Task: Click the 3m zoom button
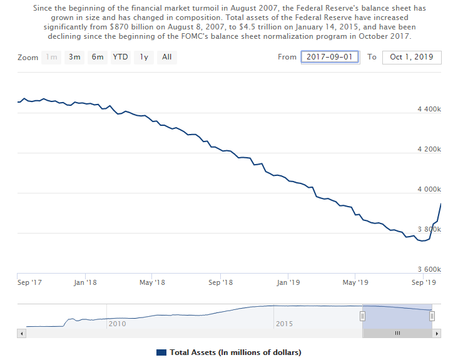74,58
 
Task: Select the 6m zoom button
98,58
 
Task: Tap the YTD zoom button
121,58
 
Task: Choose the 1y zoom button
144,58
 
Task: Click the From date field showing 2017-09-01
330,58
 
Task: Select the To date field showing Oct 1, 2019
411,58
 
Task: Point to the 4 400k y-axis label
429,110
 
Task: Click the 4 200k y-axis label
429,150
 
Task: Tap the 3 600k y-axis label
429,270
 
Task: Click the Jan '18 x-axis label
85,283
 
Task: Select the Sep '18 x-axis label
220,283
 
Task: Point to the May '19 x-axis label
355,283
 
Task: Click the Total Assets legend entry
229,352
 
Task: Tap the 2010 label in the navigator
118,324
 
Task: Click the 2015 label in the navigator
285,324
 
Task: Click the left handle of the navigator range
362,317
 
